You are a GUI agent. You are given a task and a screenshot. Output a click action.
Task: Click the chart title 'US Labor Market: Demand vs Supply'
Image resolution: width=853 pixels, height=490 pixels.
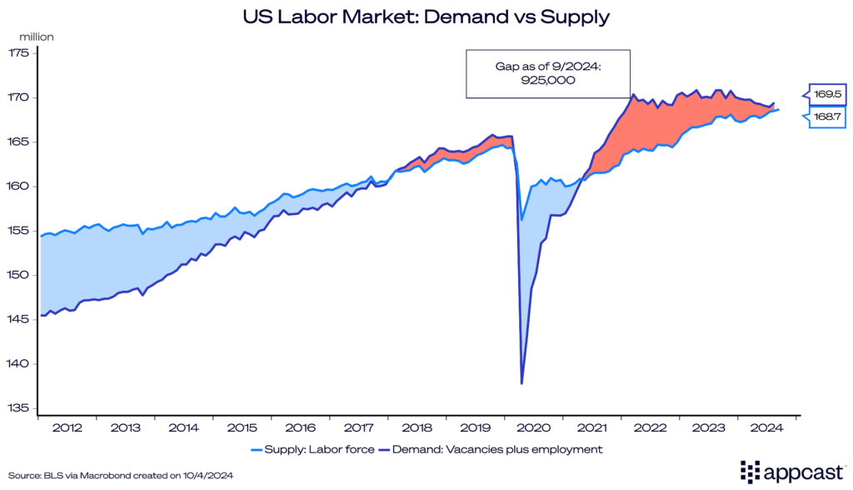pyautogui.click(x=426, y=15)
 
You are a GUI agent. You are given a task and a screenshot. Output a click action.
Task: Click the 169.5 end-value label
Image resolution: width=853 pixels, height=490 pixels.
pyautogui.click(x=828, y=93)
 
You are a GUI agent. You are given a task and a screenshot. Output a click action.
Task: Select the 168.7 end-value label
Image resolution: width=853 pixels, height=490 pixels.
pyautogui.click(x=828, y=117)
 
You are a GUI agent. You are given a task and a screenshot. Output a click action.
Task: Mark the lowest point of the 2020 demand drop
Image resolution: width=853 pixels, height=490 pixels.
pyautogui.click(x=522, y=383)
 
